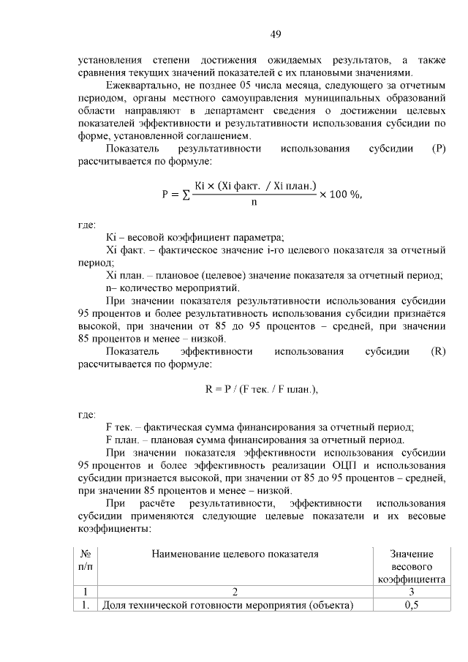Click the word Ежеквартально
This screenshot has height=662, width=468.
point(142,85)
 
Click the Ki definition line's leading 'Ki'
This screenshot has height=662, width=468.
point(112,237)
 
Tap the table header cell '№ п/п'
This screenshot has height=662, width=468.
point(86,560)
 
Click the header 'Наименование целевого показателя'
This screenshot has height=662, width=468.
point(235,554)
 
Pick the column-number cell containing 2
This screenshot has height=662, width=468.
point(235,591)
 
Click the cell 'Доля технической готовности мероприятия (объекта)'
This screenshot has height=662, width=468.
point(227,605)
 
